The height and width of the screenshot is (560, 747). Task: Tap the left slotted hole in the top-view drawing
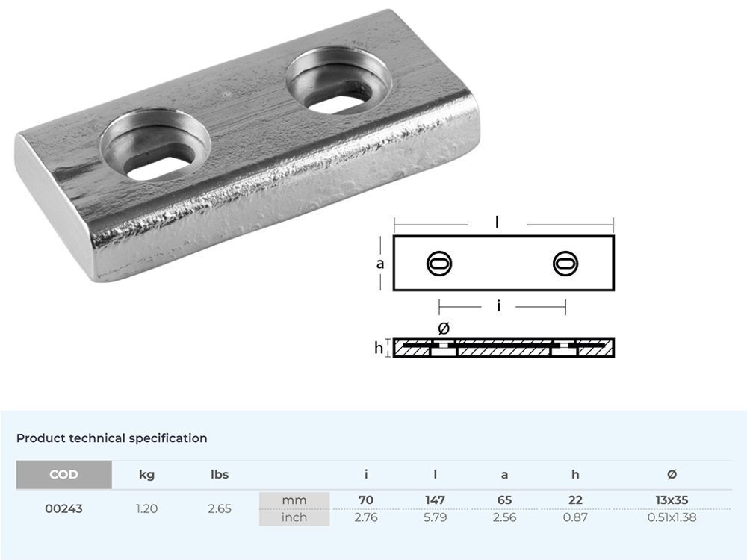438,263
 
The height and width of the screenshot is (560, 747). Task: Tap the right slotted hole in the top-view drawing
565,263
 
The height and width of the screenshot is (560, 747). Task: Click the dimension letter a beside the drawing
380,264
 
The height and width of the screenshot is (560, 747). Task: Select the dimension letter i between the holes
498,306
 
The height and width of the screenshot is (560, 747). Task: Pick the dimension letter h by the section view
379,348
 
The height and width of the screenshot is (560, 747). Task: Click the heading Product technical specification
112,438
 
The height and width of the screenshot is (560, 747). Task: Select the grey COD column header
63,474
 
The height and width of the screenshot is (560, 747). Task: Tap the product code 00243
63,508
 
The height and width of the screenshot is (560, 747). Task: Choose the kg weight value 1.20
147,508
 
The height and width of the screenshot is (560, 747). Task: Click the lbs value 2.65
219,508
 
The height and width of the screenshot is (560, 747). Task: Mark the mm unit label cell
294,500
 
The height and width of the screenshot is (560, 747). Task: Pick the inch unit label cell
294,517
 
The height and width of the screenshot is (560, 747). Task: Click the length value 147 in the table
436,500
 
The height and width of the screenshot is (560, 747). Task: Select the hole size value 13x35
672,500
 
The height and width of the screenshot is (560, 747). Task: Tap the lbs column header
219,474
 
